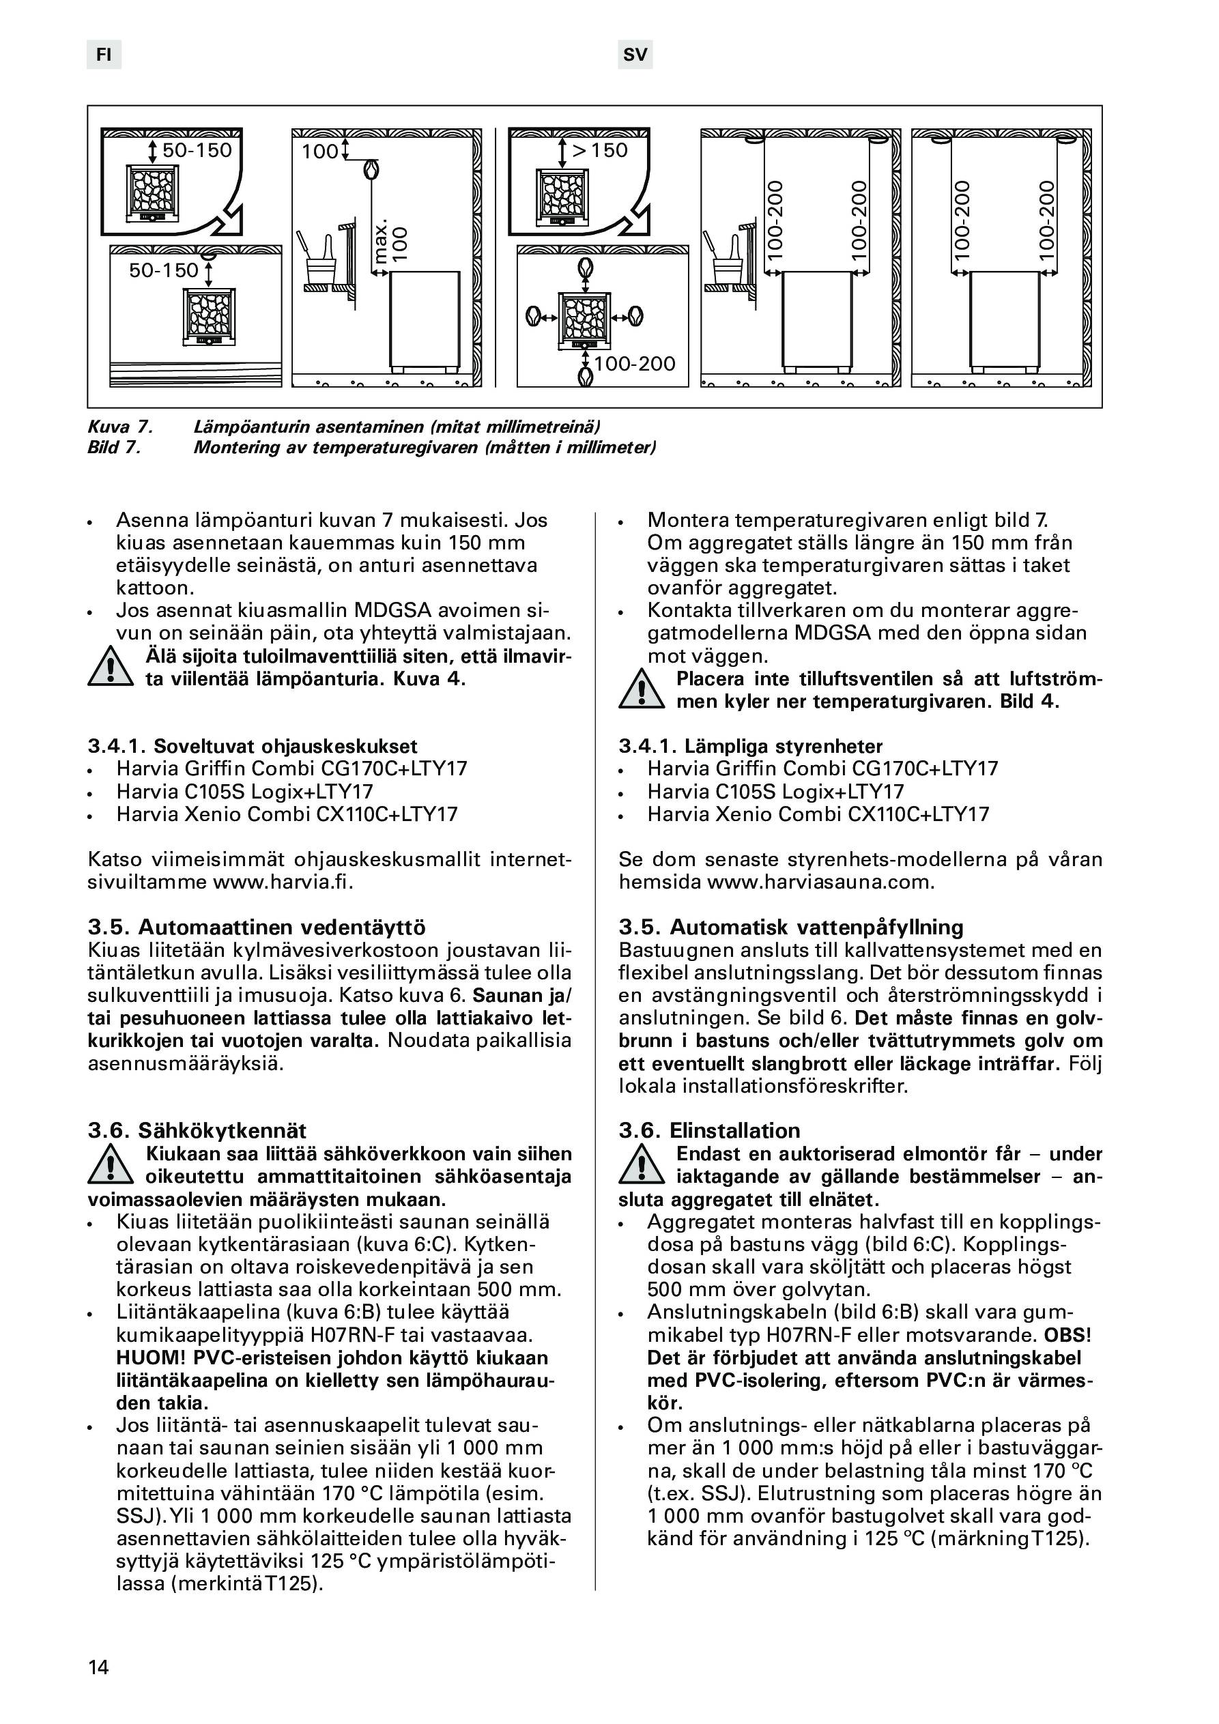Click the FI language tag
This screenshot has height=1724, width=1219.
coord(104,55)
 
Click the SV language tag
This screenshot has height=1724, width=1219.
coord(635,55)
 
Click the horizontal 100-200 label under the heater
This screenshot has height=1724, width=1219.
coord(635,364)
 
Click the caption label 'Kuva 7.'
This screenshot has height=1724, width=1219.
coord(121,427)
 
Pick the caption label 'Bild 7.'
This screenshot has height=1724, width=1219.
coord(115,448)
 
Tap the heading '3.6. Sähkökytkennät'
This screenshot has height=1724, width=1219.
coord(197,1131)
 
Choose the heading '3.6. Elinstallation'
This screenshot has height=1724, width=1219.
coord(710,1131)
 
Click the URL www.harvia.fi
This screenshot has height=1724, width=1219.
coord(283,882)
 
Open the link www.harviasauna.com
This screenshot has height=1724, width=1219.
coord(820,882)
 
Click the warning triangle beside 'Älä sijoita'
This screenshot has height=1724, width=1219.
coord(111,667)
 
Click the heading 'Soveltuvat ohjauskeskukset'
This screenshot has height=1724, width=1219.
coord(285,747)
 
